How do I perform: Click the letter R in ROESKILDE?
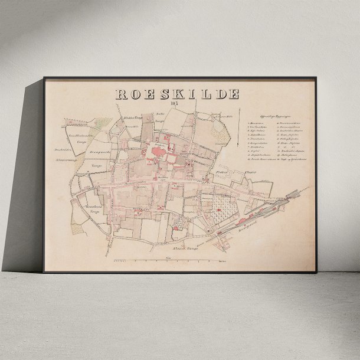(120, 94)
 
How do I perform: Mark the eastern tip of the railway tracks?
(306, 187)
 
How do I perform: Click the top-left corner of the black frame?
(44, 78)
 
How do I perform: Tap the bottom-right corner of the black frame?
(316, 272)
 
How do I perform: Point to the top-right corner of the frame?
(316, 78)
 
